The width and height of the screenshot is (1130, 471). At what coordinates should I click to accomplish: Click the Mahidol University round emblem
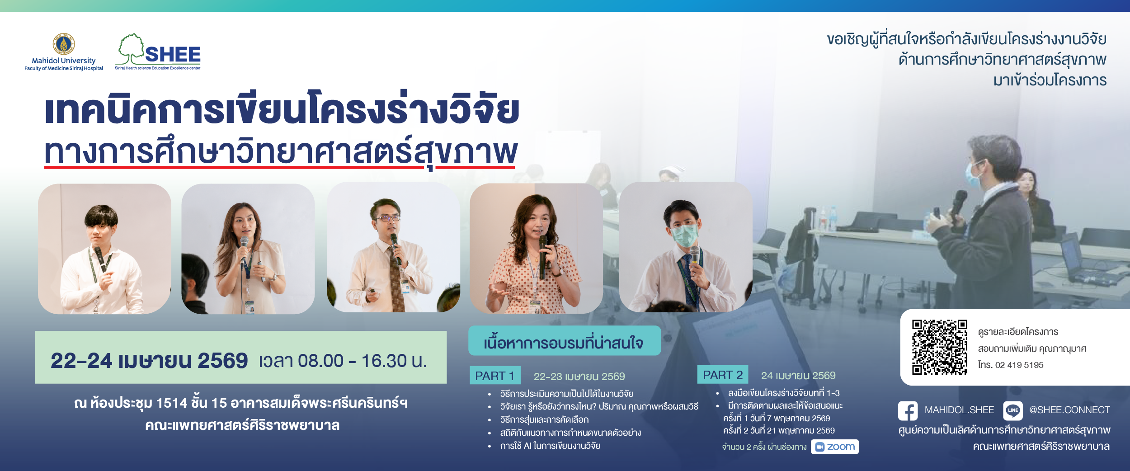(64, 44)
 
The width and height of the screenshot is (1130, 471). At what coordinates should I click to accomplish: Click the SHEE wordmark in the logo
(173, 55)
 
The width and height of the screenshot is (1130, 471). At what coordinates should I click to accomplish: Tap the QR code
(939, 347)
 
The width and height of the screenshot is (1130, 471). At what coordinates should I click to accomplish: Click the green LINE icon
(1012, 410)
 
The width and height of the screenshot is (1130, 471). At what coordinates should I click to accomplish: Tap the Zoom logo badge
(834, 447)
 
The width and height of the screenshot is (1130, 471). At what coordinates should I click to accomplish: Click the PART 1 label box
(495, 375)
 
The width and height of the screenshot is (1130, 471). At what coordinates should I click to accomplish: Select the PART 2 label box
(723, 375)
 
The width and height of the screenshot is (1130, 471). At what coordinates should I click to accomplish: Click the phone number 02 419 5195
(1019, 365)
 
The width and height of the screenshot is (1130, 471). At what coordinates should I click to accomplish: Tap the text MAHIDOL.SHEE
(959, 410)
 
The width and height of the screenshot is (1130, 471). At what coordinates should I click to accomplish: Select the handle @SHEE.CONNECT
(1069, 410)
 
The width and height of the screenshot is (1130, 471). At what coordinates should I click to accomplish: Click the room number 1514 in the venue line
(171, 403)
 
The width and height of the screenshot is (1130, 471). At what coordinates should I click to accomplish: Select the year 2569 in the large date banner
(223, 361)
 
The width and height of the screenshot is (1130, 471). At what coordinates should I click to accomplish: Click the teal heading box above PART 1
(565, 341)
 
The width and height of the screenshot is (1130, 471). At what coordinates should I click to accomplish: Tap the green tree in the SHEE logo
(131, 49)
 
